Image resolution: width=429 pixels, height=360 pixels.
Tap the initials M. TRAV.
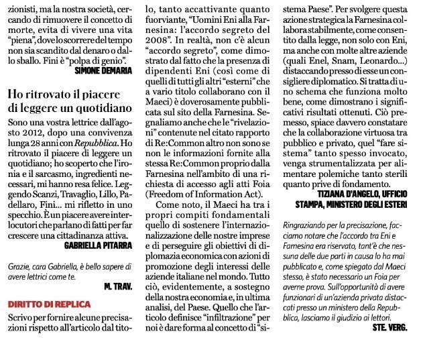[x=120, y=288]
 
